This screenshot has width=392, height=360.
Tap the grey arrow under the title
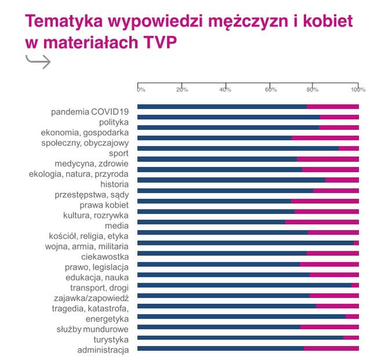[x=38, y=61]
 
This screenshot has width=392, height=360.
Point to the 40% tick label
[x=226, y=89]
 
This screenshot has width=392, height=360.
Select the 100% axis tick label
[x=358, y=89]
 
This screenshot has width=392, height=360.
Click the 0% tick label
[x=141, y=89]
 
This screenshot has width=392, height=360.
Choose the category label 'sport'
[x=119, y=153]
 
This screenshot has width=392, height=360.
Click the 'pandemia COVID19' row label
[x=90, y=111]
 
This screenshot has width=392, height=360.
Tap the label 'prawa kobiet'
[x=104, y=205]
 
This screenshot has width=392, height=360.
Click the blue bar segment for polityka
[x=228, y=117]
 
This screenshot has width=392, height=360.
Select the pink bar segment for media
[x=322, y=221]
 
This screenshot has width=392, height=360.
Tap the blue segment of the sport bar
[x=238, y=148]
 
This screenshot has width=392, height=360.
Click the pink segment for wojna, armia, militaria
[x=356, y=242]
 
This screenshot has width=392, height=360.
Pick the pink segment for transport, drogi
[x=355, y=285]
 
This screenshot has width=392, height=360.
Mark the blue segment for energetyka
[x=241, y=317]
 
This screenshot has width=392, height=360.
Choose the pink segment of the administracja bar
[x=331, y=348]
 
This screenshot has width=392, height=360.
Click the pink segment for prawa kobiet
[x=325, y=201]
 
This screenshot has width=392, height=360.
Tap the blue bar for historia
[x=231, y=180]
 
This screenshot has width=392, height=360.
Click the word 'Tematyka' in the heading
[x=65, y=22]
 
